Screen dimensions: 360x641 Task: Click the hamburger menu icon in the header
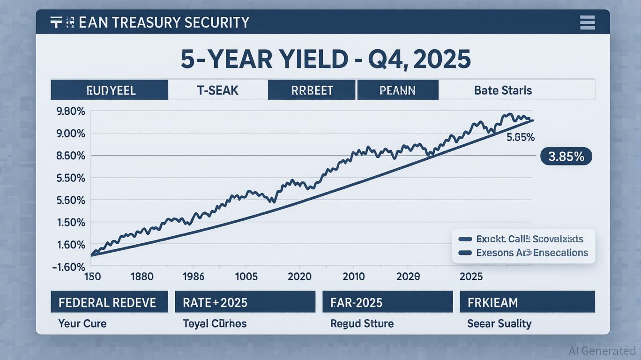click(587, 22)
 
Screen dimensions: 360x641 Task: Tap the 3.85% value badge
click(566, 157)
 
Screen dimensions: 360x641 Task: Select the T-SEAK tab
click(217, 90)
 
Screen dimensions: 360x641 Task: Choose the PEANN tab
click(397, 90)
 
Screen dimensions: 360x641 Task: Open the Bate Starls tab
click(503, 90)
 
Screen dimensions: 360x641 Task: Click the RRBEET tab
click(311, 90)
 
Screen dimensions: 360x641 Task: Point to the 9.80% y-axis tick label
click(71, 112)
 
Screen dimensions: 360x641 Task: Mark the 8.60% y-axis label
click(71, 156)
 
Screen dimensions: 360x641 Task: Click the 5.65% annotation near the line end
click(521, 138)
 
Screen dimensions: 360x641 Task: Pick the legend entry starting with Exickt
click(529, 239)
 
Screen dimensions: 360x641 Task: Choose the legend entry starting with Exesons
click(531, 253)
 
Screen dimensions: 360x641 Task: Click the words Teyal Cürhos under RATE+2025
click(215, 323)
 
